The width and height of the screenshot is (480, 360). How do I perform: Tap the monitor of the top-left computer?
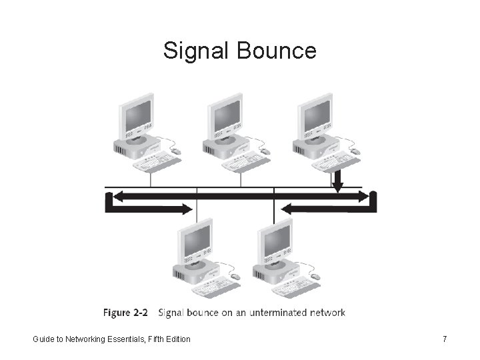click(x=137, y=115)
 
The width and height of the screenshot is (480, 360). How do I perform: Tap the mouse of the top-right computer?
click(x=355, y=152)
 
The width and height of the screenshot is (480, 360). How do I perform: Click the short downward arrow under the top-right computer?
click(x=338, y=181)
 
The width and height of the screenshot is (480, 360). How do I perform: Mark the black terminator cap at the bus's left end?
click(x=109, y=201)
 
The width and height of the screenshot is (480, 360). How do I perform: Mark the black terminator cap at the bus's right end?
click(x=373, y=201)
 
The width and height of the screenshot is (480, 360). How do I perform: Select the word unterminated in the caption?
click(x=273, y=312)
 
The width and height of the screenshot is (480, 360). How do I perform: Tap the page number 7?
click(x=445, y=339)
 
